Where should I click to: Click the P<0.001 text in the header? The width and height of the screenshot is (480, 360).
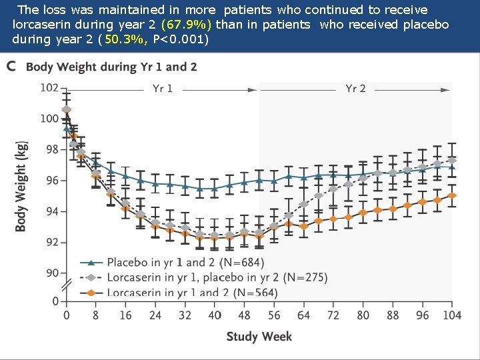181,39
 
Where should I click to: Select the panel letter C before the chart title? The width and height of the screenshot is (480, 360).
11,67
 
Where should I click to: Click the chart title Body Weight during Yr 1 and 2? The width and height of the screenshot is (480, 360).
111,67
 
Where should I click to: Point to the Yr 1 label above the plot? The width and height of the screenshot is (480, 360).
162,89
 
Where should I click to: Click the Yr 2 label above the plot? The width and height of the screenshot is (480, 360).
355,89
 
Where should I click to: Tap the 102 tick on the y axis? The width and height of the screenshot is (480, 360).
49,88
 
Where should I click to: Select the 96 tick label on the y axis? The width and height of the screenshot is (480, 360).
52,181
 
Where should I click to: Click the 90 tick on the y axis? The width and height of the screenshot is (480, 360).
52,273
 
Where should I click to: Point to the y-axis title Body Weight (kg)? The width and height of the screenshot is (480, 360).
21,186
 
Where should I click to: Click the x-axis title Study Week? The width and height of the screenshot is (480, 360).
259,337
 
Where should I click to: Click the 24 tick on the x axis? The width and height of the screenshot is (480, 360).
155,315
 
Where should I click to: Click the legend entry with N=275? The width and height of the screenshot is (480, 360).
203,277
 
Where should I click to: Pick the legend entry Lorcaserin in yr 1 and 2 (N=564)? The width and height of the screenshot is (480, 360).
183,292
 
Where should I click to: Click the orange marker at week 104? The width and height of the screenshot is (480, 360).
452,195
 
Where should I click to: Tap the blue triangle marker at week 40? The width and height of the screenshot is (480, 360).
214,188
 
